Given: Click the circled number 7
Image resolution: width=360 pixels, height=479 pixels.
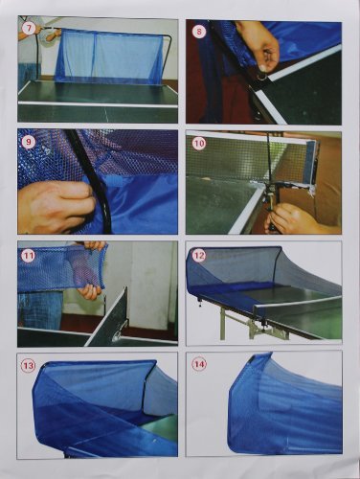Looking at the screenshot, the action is click(x=29, y=29).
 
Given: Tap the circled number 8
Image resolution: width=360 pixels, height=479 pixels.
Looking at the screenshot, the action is click(x=199, y=33).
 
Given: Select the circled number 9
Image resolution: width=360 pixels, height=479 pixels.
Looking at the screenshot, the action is click(x=29, y=143).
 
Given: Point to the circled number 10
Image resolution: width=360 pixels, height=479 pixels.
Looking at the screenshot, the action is click(x=199, y=144).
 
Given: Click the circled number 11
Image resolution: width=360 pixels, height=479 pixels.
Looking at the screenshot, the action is click(x=29, y=257).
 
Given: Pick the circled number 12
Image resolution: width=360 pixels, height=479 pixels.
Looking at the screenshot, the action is click(x=199, y=257).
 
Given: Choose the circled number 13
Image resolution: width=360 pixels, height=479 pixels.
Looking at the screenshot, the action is click(x=29, y=365).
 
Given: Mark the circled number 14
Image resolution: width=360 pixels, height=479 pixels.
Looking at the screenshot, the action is click(x=199, y=364).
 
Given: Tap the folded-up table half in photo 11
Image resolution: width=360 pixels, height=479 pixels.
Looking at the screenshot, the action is click(x=108, y=316).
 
